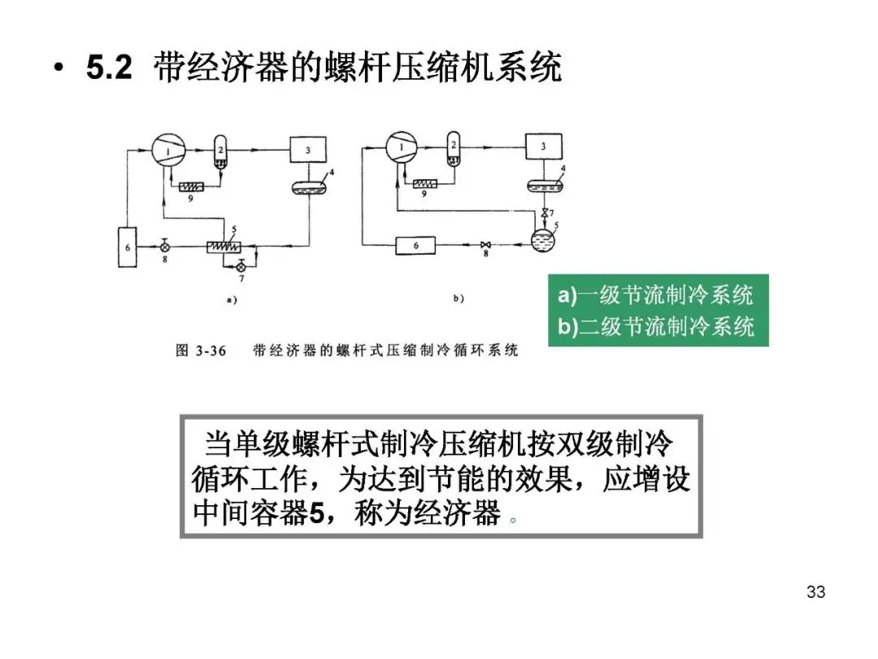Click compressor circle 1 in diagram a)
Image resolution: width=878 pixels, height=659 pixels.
click(x=169, y=150)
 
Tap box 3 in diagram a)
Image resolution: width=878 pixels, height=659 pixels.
click(x=308, y=150)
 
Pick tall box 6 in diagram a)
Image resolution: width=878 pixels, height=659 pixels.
click(x=127, y=246)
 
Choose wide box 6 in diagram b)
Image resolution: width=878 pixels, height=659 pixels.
click(x=416, y=245)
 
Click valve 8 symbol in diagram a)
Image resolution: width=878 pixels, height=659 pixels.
click(x=165, y=245)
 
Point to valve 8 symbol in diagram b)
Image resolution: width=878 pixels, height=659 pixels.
click(x=485, y=245)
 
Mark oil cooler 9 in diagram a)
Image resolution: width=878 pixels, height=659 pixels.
click(x=193, y=186)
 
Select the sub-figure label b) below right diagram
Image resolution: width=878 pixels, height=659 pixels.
click(x=458, y=299)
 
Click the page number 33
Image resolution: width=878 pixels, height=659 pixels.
click(x=815, y=591)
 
